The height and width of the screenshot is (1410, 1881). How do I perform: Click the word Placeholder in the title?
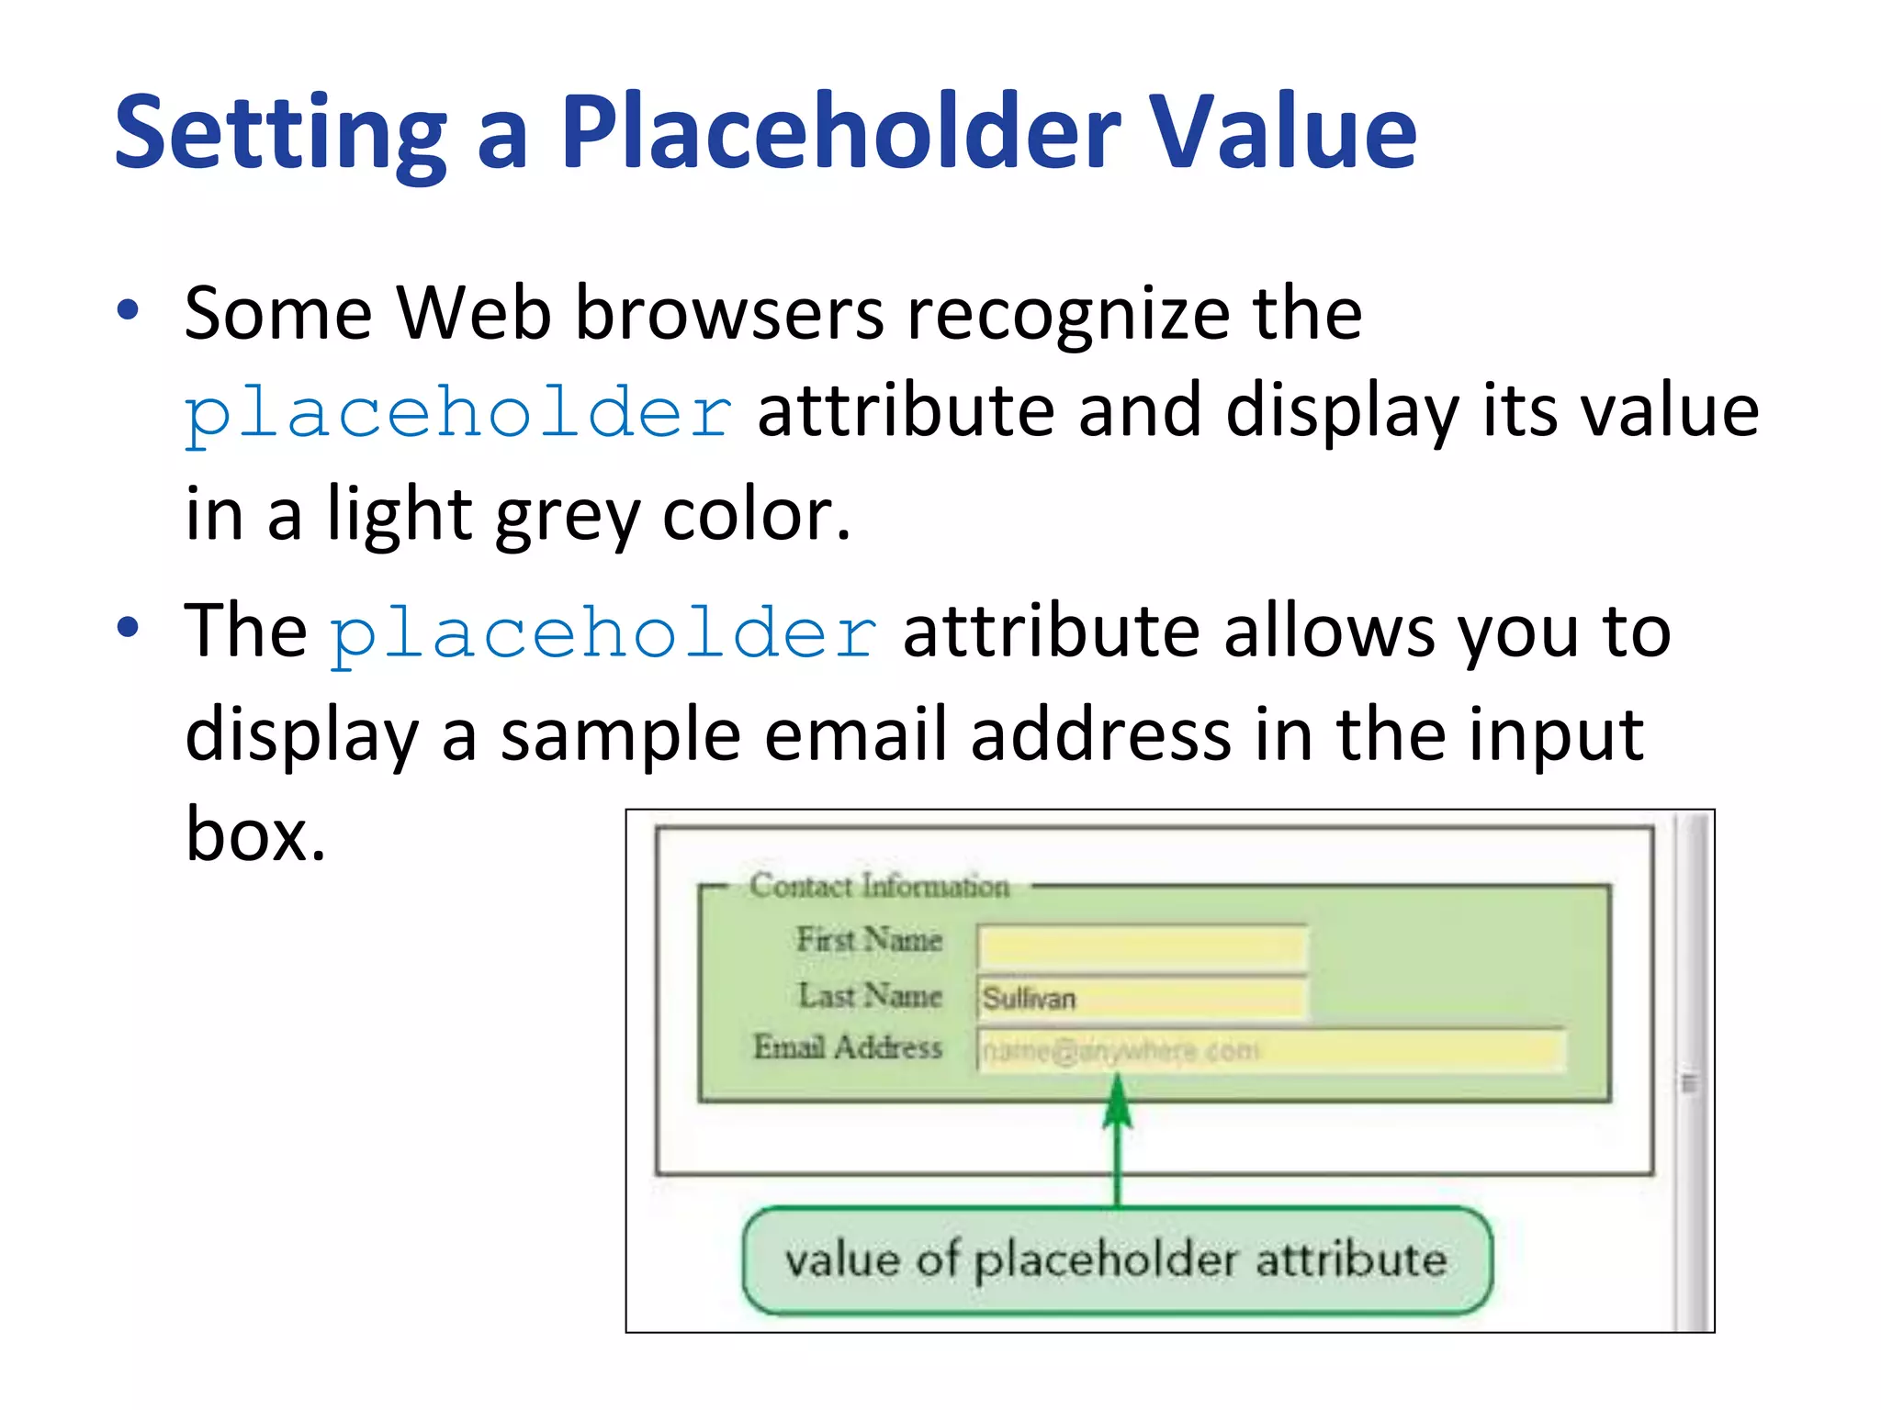840,133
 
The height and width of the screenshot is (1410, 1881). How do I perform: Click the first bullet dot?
128,310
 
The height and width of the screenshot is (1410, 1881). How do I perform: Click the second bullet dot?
128,628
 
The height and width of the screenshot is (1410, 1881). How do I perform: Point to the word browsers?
729,314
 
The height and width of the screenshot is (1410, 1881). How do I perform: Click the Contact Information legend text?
879,887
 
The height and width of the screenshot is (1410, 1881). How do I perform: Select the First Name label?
869,940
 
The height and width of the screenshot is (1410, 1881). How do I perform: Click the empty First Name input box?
1142,946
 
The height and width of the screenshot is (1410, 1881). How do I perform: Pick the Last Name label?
870,996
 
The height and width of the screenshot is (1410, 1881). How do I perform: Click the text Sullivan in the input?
1029,999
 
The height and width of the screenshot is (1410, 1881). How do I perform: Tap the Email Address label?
848,1047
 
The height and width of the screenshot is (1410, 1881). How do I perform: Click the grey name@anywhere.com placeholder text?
1121,1051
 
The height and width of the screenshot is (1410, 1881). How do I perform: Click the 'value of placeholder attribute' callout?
1116,1259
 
